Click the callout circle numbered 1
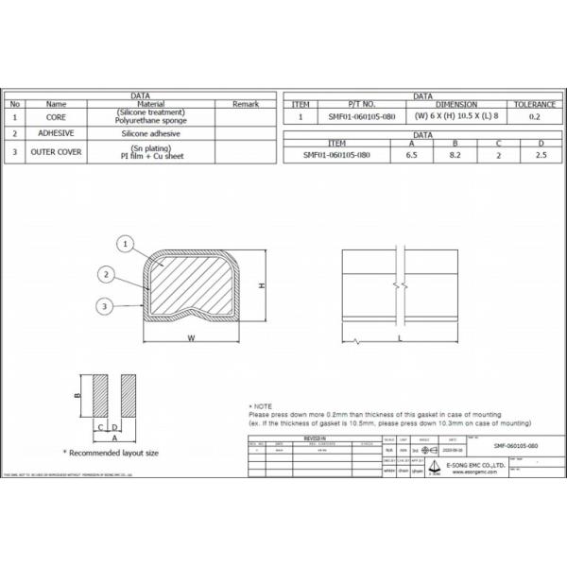coord(123,244)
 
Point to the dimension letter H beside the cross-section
coord(263,285)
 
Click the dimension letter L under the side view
coord(401,336)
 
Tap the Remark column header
coord(244,104)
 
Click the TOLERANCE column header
coord(534,104)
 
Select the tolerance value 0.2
coord(534,117)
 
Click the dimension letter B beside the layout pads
coord(77,397)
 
